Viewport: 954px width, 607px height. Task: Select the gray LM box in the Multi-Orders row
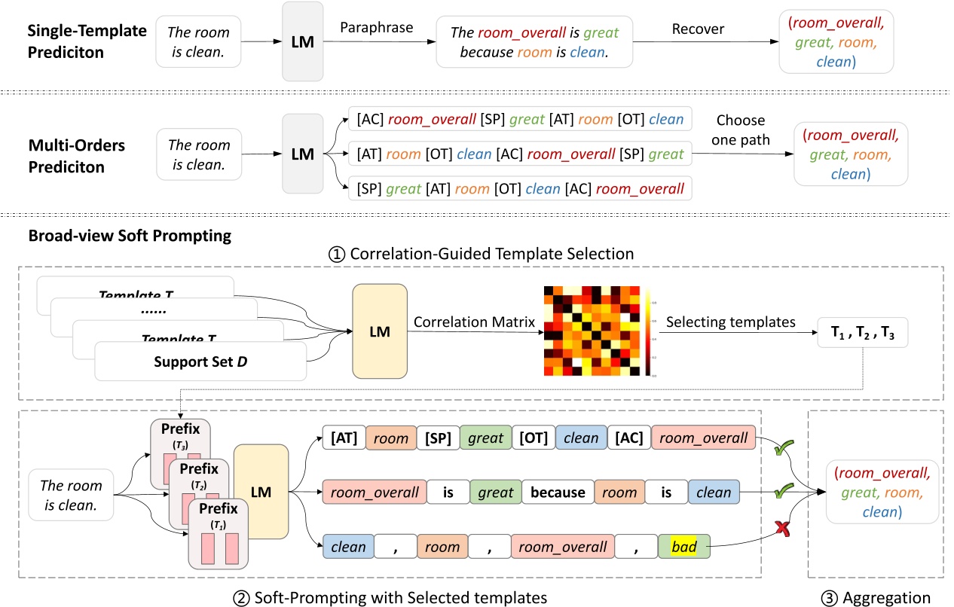point(302,154)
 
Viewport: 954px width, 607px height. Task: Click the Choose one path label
point(740,129)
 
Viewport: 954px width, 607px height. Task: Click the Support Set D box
point(200,361)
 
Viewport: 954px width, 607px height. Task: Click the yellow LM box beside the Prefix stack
point(261,492)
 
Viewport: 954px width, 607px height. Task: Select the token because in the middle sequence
point(557,492)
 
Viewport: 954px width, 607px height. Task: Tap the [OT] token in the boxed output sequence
point(533,438)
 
